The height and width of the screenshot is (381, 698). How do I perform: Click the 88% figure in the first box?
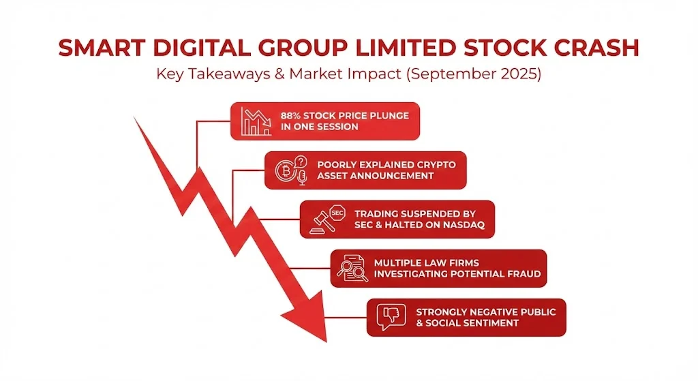pyautogui.click(x=291, y=115)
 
